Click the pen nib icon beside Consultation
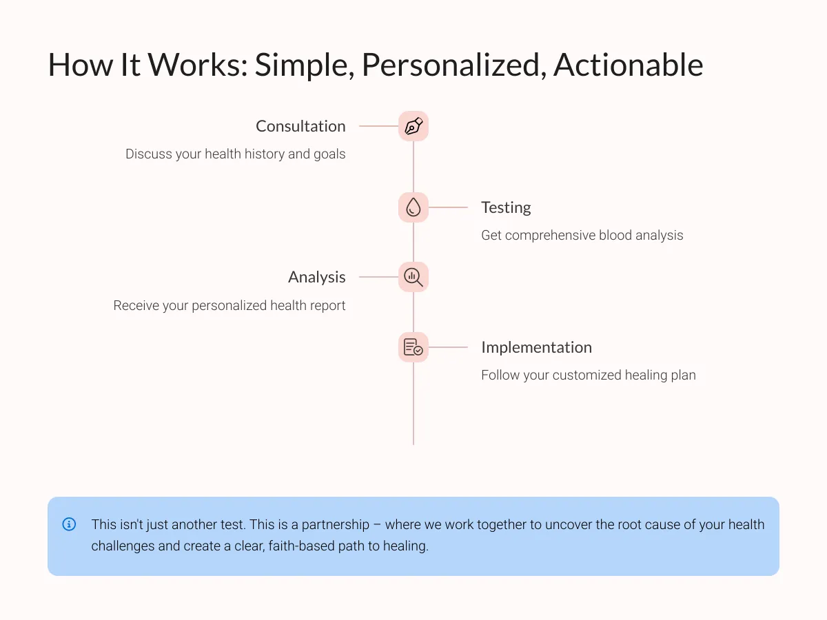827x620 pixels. pyautogui.click(x=413, y=126)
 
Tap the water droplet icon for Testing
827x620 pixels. pyautogui.click(x=413, y=207)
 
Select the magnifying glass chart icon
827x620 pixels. pyautogui.click(x=413, y=277)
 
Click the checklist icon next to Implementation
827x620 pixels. pyautogui.click(x=413, y=347)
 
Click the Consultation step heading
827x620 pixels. pyautogui.click(x=300, y=126)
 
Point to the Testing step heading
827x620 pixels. pyautogui.click(x=506, y=208)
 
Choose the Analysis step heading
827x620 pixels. pyautogui.click(x=317, y=278)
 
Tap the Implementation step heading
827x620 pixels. pyautogui.click(x=536, y=347)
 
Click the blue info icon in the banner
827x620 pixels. pyautogui.click(x=69, y=524)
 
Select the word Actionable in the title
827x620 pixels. pyautogui.click(x=628, y=65)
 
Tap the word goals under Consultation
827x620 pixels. pyautogui.click(x=329, y=154)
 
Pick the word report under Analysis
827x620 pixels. pyautogui.click(x=327, y=306)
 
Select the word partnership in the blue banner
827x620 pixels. pyautogui.click(x=336, y=525)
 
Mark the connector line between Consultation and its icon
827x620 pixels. pyautogui.click(x=378, y=126)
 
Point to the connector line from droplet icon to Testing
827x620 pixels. pyautogui.click(x=448, y=207)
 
